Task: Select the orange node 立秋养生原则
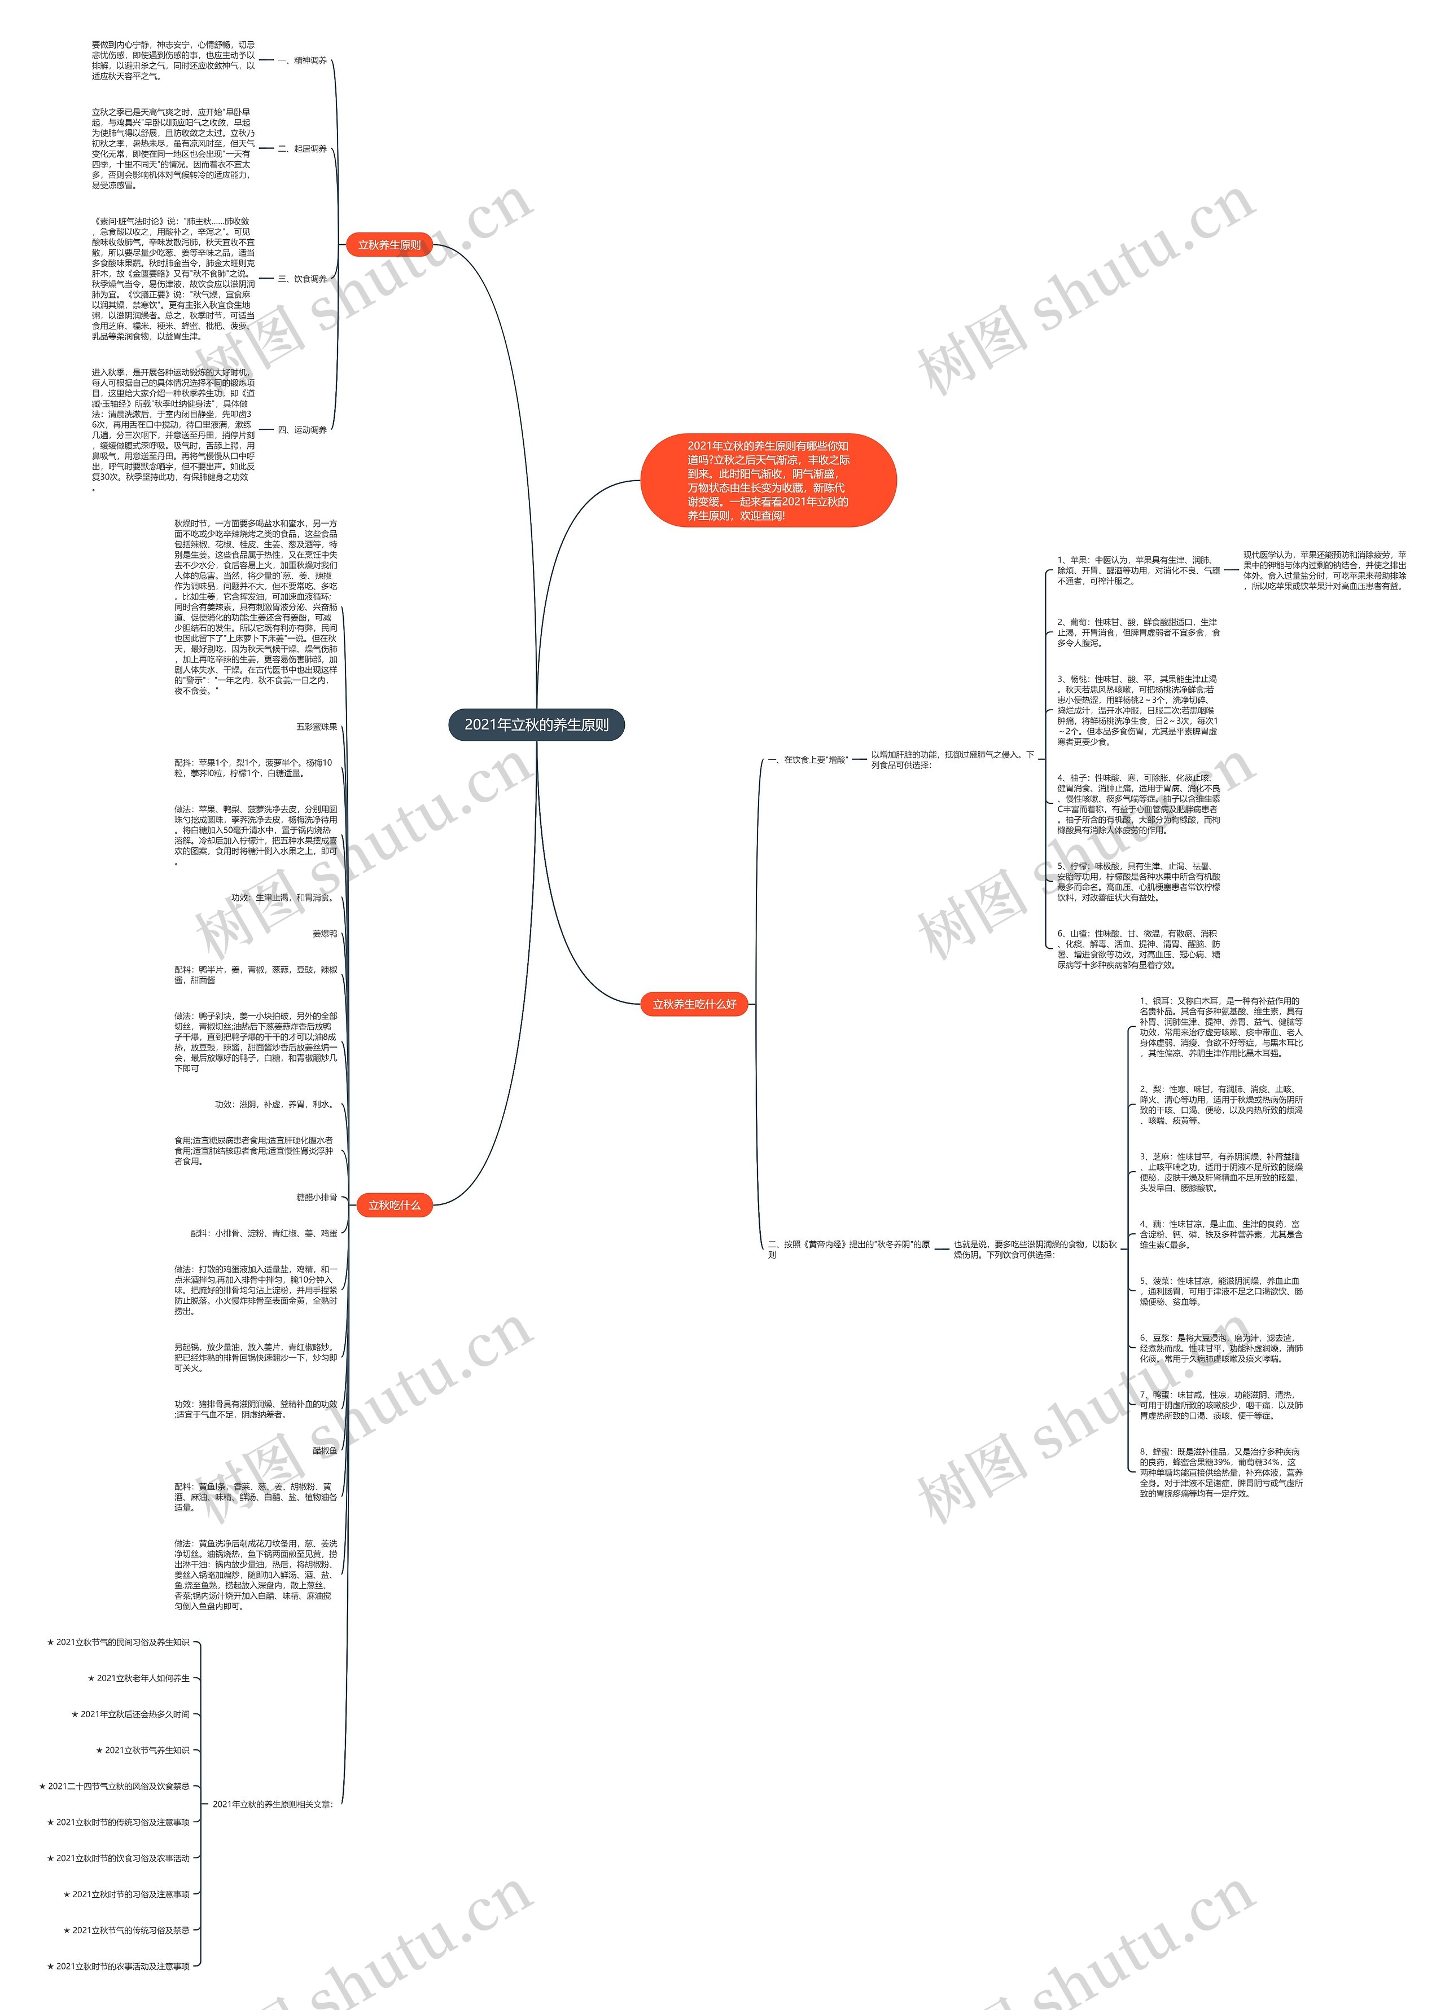[389, 245]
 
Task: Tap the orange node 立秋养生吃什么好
[694, 1004]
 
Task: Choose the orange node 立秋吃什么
[395, 1206]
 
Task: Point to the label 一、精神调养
[303, 61]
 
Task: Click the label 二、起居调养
[303, 149]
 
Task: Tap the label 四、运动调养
[303, 430]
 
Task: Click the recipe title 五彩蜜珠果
[317, 727]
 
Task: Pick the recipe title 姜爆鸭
[325, 933]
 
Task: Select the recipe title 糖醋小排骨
[317, 1197]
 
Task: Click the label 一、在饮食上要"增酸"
[808, 759]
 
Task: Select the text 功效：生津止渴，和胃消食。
[282, 898]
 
